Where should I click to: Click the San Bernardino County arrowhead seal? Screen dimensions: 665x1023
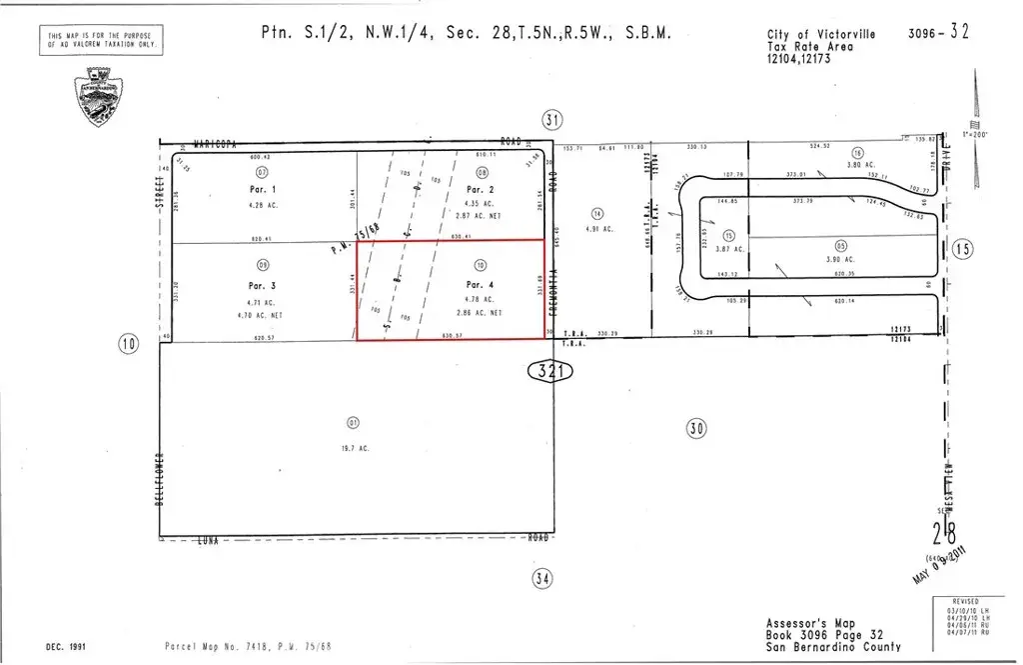pyautogui.click(x=99, y=95)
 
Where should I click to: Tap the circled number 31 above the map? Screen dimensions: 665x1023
pyautogui.click(x=551, y=119)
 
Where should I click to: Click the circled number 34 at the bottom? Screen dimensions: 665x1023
pyautogui.click(x=541, y=577)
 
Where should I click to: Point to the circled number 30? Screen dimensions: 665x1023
pyautogui.click(x=696, y=428)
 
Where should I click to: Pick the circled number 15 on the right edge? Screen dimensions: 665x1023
pyautogui.click(x=962, y=250)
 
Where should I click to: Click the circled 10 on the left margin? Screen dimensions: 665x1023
pyautogui.click(x=128, y=345)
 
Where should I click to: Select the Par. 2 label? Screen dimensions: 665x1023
pyautogui.click(x=481, y=189)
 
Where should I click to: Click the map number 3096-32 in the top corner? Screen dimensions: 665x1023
pyautogui.click(x=938, y=33)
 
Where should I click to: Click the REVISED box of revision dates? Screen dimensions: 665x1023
pyautogui.click(x=971, y=617)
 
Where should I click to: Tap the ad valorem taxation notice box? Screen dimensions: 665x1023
pyautogui.click(x=101, y=41)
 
